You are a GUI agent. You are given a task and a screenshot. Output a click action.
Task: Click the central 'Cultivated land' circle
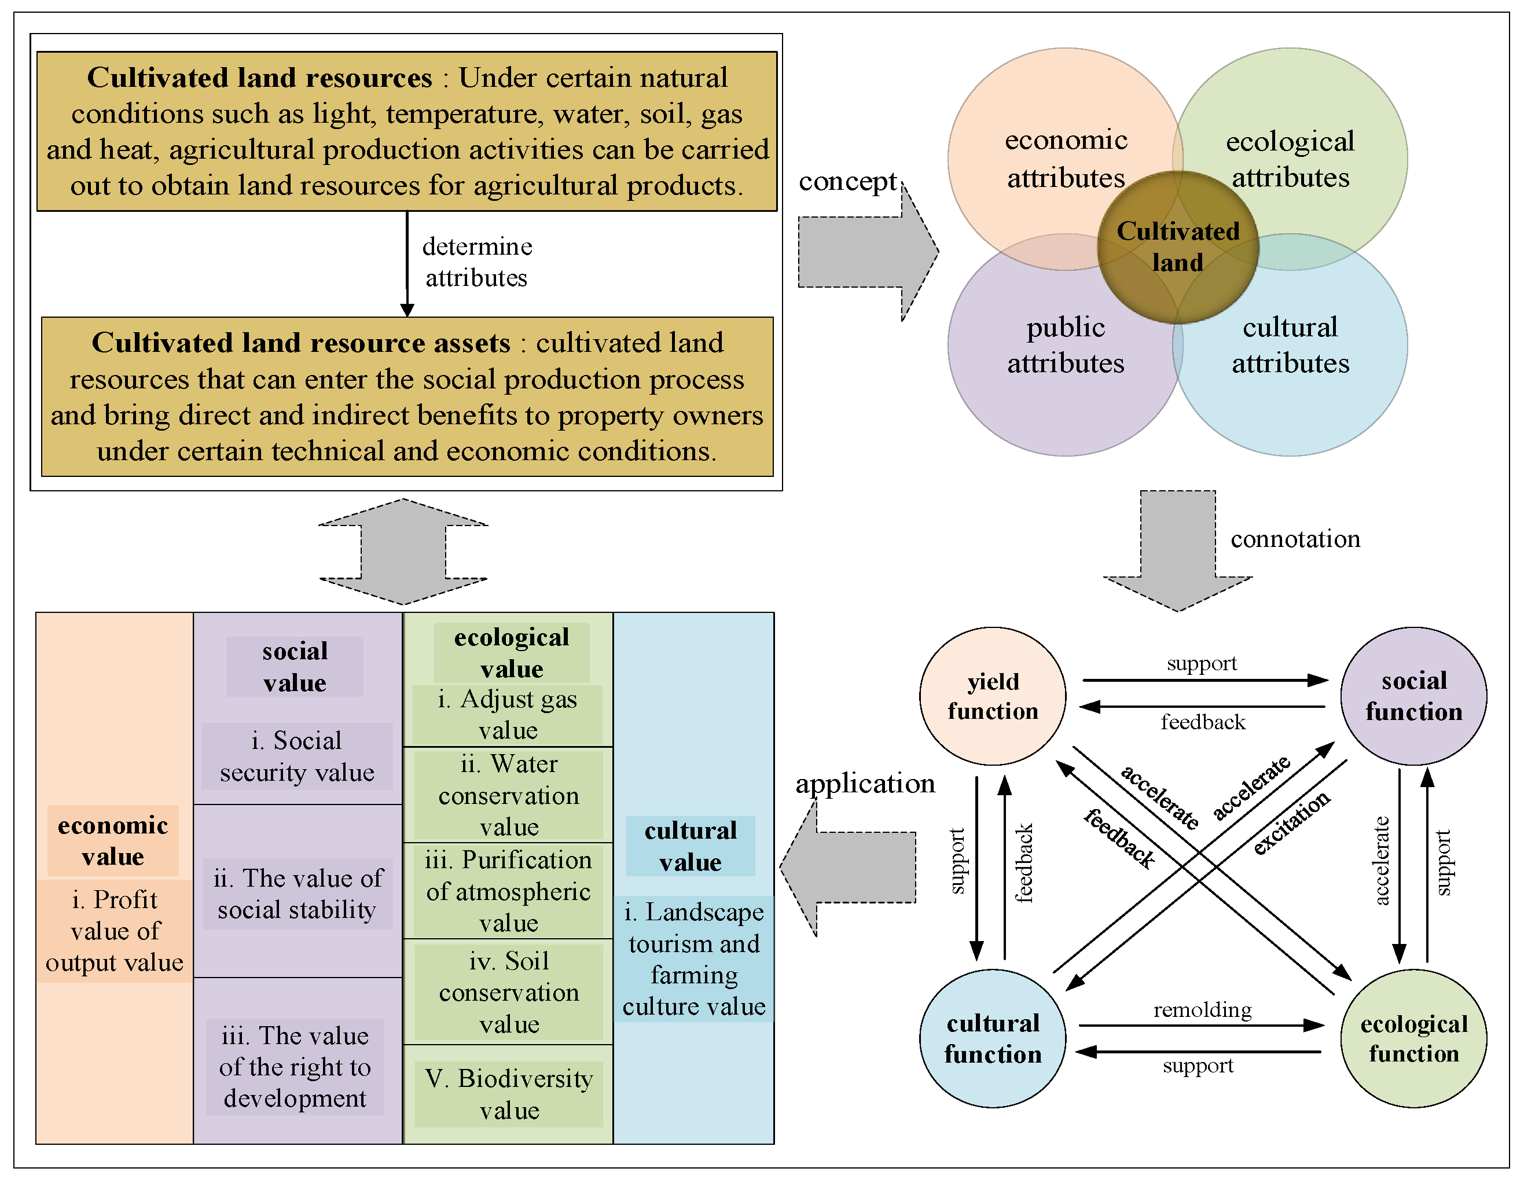1178,247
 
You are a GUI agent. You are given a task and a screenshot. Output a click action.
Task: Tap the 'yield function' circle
992,696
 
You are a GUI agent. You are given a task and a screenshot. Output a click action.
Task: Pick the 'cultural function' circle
992,1038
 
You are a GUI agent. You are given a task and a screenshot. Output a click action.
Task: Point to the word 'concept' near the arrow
847,182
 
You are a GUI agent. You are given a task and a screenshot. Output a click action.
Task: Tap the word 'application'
865,783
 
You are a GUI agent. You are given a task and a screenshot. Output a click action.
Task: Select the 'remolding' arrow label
1202,1009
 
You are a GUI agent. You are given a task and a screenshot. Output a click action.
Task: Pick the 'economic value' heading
113,840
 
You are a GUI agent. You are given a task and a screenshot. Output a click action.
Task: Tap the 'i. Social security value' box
296,756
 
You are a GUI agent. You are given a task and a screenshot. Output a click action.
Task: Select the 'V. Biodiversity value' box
509,1094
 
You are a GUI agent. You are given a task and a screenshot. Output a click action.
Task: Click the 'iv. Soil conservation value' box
509,992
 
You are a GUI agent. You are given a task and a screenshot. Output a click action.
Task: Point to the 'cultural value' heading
690,846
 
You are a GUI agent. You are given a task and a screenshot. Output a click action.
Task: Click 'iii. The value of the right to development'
295,1067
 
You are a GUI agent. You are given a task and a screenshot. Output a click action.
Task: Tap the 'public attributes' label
1065,345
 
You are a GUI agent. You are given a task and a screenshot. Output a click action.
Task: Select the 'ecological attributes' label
1290,159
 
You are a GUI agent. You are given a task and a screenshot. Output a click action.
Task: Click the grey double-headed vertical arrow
403,552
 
